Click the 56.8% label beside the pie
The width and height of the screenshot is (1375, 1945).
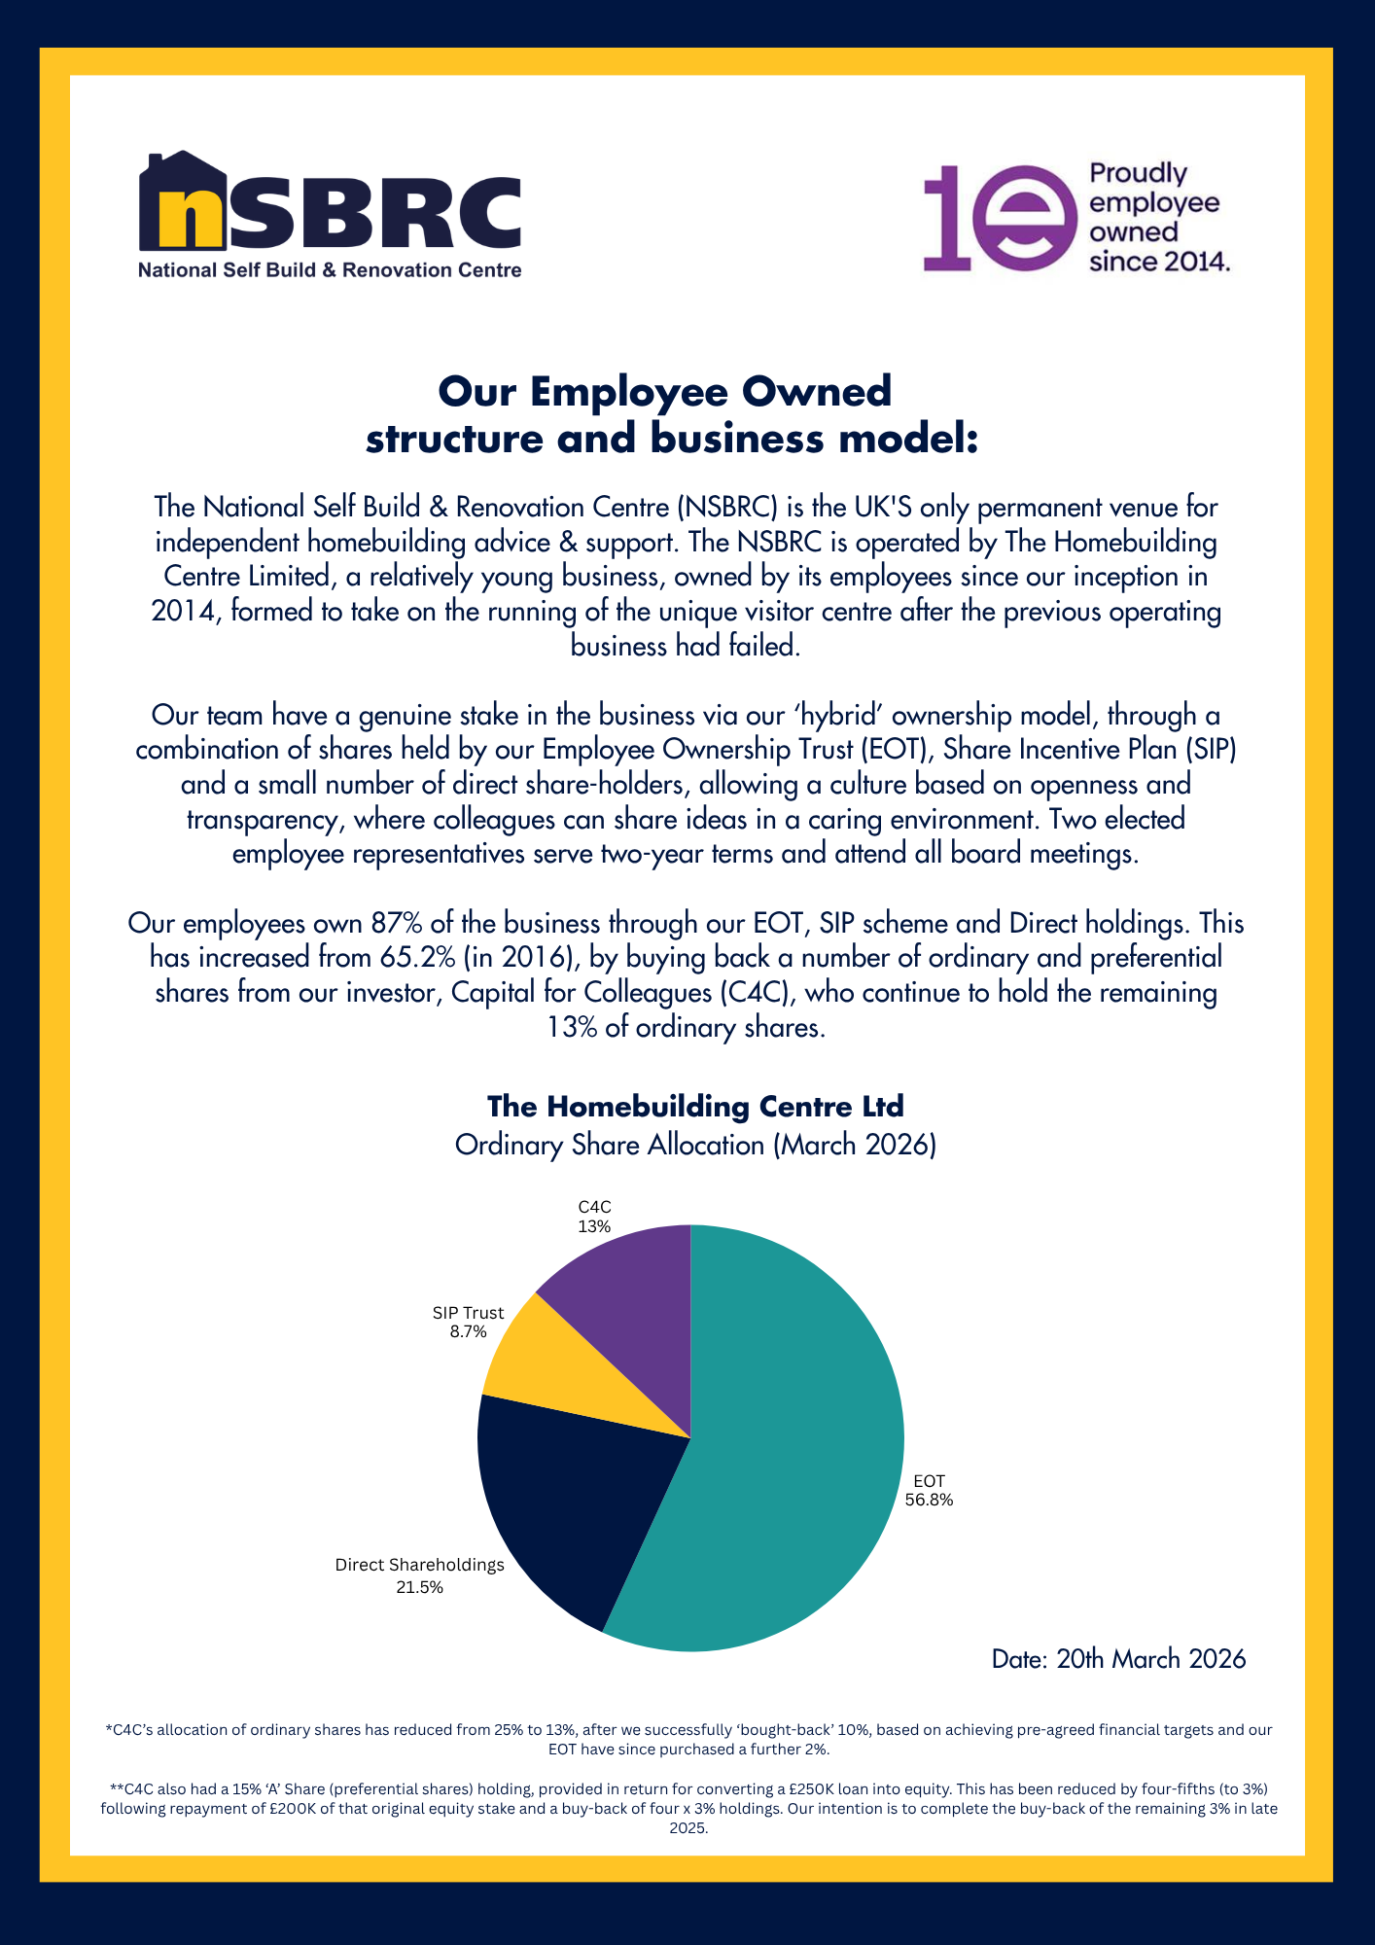[x=929, y=1500]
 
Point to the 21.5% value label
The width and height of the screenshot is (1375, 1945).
[x=420, y=1587]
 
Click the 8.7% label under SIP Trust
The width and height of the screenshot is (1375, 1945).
[x=468, y=1332]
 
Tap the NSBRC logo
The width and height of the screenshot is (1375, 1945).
[x=330, y=214]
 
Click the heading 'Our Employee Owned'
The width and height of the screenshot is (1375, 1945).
[x=665, y=392]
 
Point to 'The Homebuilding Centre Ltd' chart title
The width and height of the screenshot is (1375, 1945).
[x=695, y=1107]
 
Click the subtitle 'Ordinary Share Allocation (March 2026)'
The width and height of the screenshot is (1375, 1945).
[x=695, y=1145]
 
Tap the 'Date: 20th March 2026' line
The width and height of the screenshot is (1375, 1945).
[x=1118, y=1658]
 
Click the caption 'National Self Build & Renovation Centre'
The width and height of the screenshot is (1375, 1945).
[x=330, y=270]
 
